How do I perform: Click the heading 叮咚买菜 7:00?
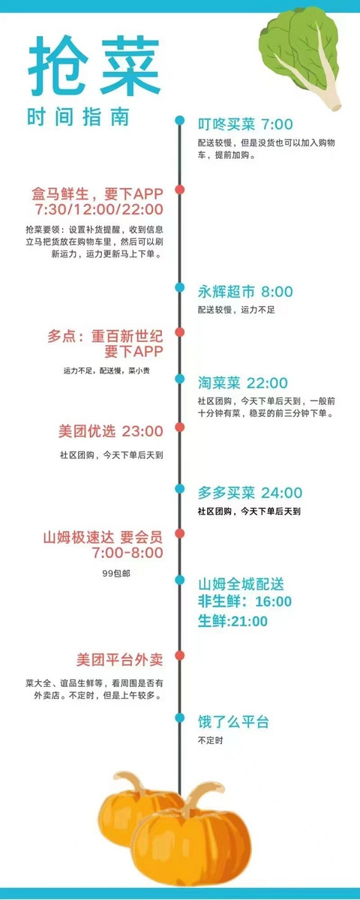245,124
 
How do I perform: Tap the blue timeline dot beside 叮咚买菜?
179,120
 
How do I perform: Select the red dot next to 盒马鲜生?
179,189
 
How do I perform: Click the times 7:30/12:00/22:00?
99,209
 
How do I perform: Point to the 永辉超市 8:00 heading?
245,292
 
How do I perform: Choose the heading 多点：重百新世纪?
105,336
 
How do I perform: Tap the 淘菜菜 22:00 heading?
243,383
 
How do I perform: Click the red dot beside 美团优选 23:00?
179,427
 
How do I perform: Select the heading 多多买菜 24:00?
250,493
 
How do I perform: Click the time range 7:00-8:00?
127,553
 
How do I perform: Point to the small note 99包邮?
116,573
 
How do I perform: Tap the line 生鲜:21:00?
232,621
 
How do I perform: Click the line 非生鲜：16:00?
244,601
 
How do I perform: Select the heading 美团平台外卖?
120,660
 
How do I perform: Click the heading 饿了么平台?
233,722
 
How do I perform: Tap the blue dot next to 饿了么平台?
179,718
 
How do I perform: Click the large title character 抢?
58,64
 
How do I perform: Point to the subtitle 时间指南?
78,117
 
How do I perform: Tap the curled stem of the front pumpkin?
201,796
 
